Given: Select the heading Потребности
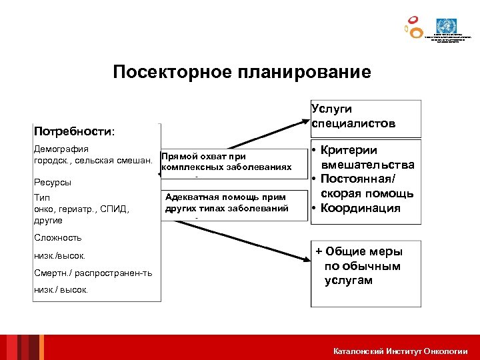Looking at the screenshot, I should click(x=73, y=131).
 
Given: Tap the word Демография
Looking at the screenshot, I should click(x=61, y=149).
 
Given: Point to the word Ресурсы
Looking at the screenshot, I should click(x=53, y=182).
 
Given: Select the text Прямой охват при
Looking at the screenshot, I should click(x=203, y=156).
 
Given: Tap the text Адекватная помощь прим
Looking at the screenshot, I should click(x=225, y=197).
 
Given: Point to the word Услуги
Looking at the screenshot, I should click(x=331, y=109).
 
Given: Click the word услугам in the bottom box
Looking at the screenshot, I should click(x=349, y=281).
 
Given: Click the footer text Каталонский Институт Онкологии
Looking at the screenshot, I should click(x=401, y=351).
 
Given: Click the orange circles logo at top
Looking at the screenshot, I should click(x=413, y=27).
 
